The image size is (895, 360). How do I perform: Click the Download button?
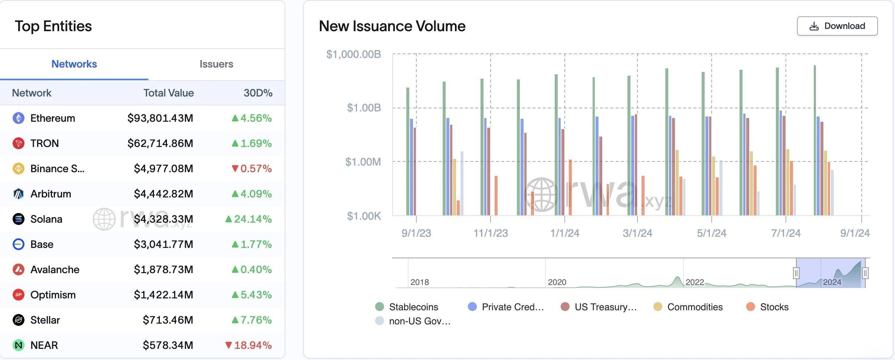coord(837,26)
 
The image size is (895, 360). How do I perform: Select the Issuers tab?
coord(216,64)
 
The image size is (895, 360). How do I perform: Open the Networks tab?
coord(74,64)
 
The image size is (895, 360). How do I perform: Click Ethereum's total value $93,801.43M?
coord(160,118)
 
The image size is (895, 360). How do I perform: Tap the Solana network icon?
coord(19,219)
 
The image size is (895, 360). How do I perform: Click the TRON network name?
coord(45,143)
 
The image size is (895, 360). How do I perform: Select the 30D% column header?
coord(258,93)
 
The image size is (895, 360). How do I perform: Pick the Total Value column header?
coord(168,93)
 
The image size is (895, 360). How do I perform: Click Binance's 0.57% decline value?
coord(252,168)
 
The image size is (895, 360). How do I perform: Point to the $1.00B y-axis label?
coord(364,108)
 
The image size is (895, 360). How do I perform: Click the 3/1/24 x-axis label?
coord(637,233)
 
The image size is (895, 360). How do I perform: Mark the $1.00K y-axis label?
coord(364,216)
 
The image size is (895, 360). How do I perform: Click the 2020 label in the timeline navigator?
coord(557,282)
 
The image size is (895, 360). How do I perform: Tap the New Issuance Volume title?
coord(392,26)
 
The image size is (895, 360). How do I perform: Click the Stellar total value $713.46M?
coord(168,320)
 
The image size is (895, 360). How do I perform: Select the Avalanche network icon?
coord(19,269)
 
